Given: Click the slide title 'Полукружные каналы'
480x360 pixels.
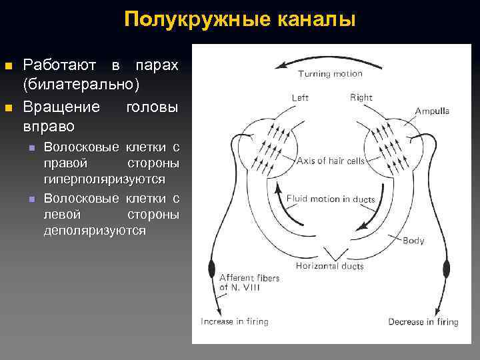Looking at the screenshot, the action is (x=240, y=19).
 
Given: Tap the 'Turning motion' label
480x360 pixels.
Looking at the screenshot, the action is (x=329, y=73).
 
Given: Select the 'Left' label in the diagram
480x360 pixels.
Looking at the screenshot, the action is (x=300, y=98).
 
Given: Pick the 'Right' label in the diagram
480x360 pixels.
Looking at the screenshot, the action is (x=361, y=98).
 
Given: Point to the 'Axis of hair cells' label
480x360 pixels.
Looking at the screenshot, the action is (x=331, y=160).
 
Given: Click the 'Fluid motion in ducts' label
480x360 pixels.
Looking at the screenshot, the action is (x=331, y=199).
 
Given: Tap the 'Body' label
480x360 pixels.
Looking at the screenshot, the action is (x=413, y=240).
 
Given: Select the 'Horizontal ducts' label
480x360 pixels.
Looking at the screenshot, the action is (x=330, y=265).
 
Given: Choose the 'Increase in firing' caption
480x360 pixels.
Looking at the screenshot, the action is (x=235, y=321).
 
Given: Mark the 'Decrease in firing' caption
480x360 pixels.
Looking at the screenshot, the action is (x=423, y=322).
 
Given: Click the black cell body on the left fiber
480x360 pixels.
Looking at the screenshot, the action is (x=213, y=269).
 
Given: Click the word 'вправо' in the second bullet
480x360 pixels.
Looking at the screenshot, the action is (x=49, y=125).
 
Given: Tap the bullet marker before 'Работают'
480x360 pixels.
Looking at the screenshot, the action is (x=9, y=65).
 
